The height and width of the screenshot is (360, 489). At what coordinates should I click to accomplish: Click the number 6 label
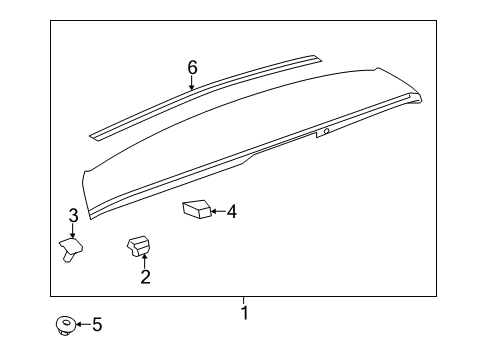[x=192, y=68]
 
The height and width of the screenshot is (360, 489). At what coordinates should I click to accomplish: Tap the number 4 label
[x=231, y=211]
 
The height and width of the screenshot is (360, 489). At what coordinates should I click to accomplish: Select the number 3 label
[x=73, y=216]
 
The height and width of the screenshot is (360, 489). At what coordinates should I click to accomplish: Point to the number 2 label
[x=145, y=277]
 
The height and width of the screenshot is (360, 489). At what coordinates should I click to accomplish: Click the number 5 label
[x=97, y=324]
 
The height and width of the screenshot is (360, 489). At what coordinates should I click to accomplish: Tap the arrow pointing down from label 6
[x=192, y=84]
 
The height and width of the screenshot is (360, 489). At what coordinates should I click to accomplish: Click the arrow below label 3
[x=73, y=231]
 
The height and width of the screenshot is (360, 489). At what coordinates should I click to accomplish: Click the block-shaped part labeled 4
[x=196, y=210]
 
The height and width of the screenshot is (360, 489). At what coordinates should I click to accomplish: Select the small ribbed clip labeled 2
[x=137, y=244]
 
